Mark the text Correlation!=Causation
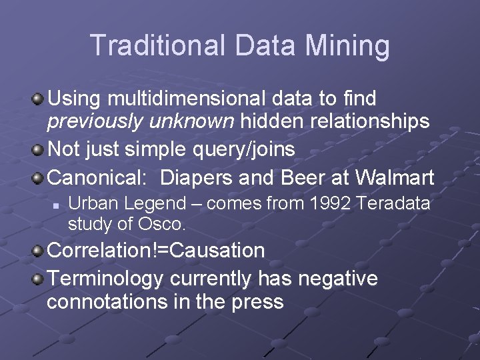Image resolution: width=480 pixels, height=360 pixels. [156, 251]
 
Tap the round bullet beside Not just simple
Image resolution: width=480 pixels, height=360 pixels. [39, 148]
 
